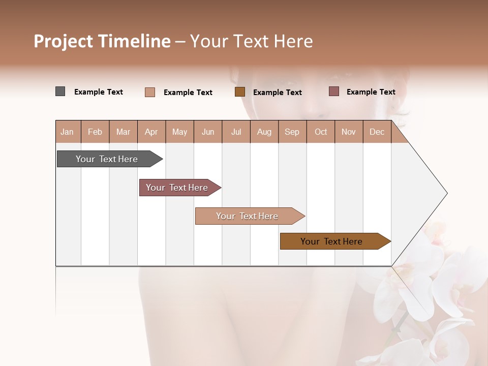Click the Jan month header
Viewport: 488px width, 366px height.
pos(68,132)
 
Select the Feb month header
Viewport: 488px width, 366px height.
pos(95,132)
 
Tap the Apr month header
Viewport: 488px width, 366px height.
pos(151,132)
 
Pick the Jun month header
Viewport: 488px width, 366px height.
pos(208,132)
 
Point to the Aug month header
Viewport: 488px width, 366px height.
pos(264,132)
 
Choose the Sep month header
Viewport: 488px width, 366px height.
pos(292,132)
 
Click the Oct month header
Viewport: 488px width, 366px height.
pos(321,132)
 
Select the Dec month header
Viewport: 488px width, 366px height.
pos(377,132)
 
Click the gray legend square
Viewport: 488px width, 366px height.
pos(60,91)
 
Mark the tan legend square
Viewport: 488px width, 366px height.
pos(150,92)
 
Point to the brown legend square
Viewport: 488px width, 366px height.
pos(240,91)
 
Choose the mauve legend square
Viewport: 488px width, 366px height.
pos(333,91)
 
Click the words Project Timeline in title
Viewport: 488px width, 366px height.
pos(102,41)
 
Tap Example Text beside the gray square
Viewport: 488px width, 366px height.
pos(99,92)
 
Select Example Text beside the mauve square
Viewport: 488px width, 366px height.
pos(371,92)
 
